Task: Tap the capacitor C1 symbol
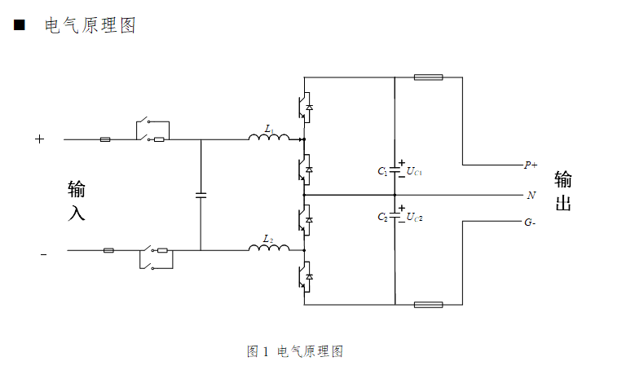(x=395, y=170)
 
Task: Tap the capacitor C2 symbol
(x=395, y=216)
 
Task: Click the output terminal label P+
(x=530, y=165)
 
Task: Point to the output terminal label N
(x=532, y=196)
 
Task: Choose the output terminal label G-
(x=530, y=222)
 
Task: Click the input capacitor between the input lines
(x=201, y=195)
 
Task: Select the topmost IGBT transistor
(x=304, y=107)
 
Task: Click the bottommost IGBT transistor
(x=304, y=277)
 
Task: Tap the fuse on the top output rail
(x=428, y=78)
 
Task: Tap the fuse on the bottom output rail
(x=428, y=305)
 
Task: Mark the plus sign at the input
(x=39, y=139)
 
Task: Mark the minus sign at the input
(x=43, y=254)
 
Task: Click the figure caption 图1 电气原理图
(x=294, y=351)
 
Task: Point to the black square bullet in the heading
(x=19, y=26)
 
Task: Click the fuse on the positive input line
(x=105, y=139)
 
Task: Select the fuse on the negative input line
(x=108, y=251)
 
